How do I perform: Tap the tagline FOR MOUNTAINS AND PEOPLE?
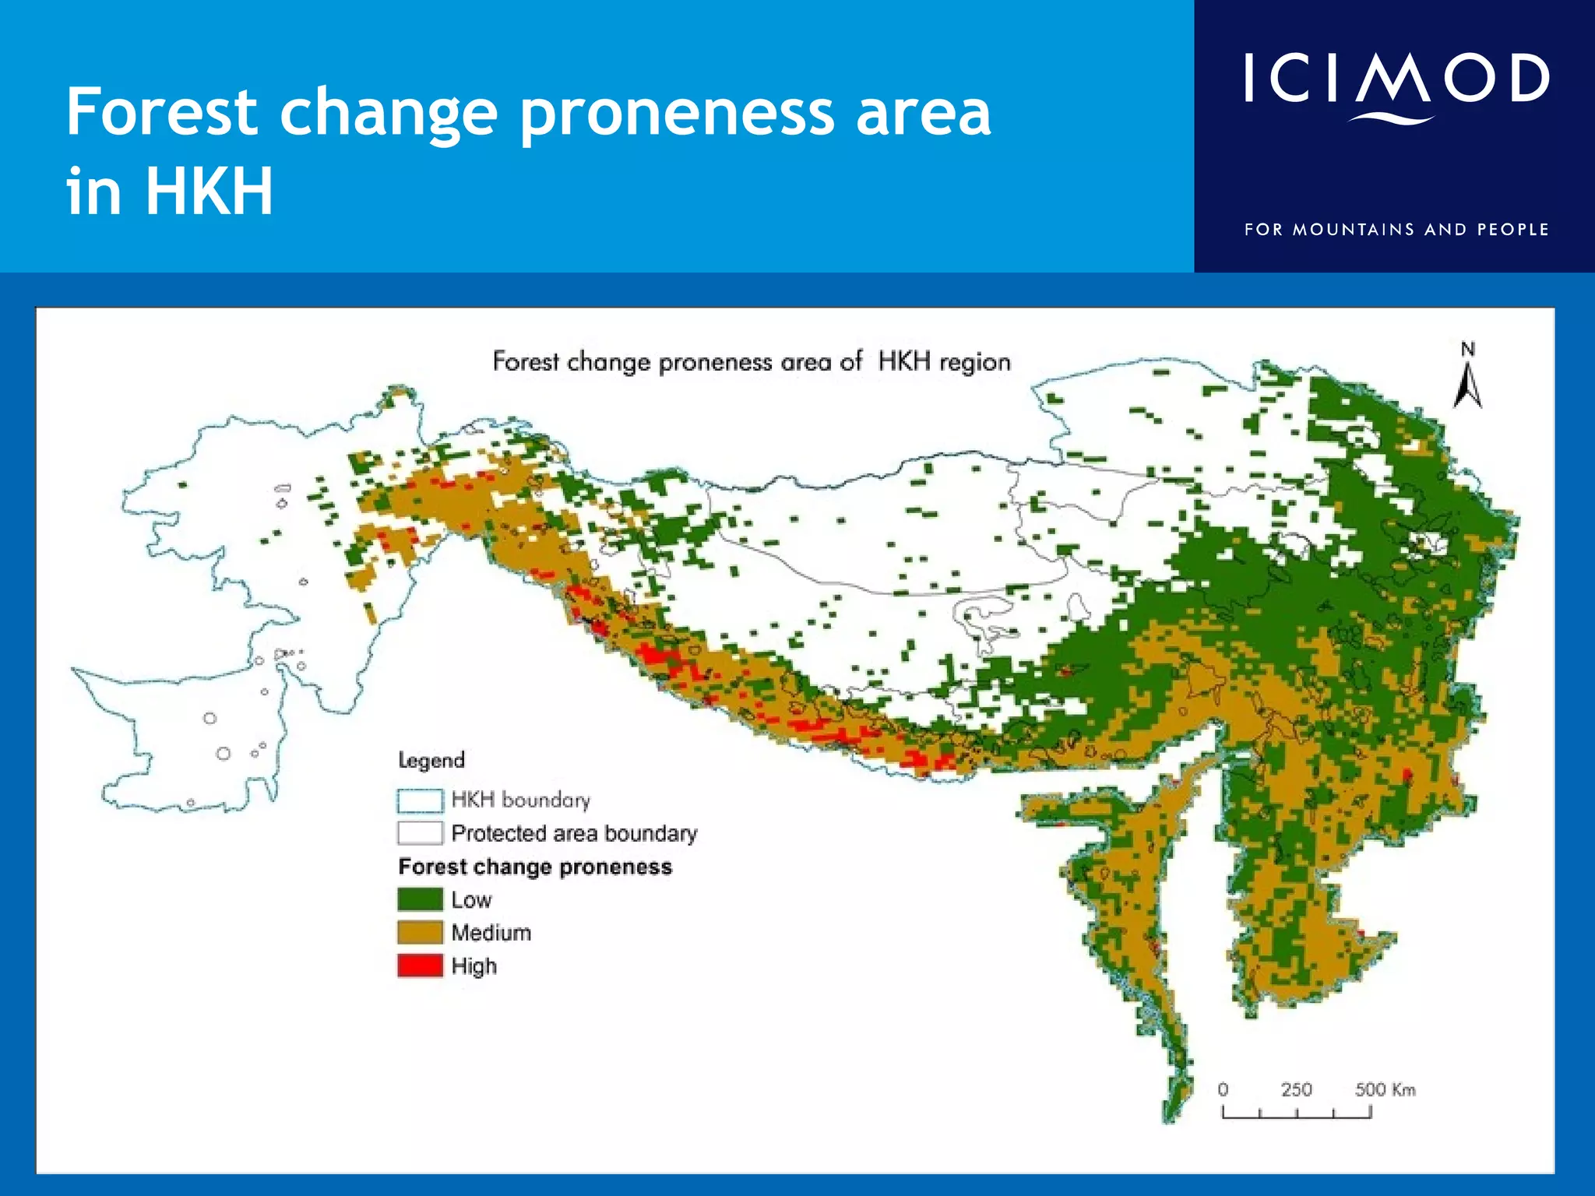(x=1396, y=230)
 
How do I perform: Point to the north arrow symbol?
(x=1467, y=386)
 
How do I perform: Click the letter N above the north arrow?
(x=1467, y=350)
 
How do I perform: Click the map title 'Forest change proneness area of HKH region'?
(x=752, y=362)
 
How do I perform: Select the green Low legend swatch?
(x=420, y=899)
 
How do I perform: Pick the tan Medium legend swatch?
(x=420, y=932)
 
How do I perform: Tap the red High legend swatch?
(x=420, y=966)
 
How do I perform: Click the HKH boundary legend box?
(x=420, y=800)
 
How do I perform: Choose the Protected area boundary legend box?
(x=420, y=833)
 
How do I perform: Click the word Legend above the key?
(x=431, y=760)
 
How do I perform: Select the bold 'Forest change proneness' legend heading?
(x=535, y=867)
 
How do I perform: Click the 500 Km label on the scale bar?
(x=1385, y=1089)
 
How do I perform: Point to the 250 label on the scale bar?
(x=1296, y=1089)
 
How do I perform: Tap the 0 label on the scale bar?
(x=1223, y=1089)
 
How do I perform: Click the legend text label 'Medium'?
(x=491, y=932)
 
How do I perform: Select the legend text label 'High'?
(x=474, y=966)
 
